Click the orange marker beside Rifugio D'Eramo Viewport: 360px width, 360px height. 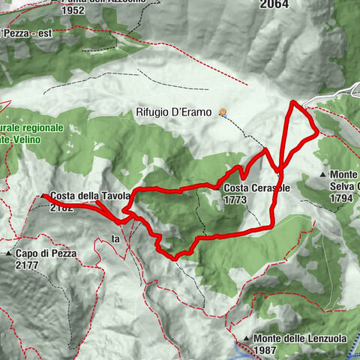click(x=223, y=112)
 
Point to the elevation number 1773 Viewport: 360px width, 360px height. click(x=235, y=200)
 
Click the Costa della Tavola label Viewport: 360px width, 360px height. click(x=91, y=196)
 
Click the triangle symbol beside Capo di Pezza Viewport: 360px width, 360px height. click(x=7, y=254)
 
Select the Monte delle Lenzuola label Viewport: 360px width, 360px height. click(x=298, y=338)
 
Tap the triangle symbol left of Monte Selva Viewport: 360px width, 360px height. click(x=322, y=175)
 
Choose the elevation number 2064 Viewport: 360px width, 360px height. click(x=275, y=4)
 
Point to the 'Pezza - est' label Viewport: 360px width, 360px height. click(x=27, y=33)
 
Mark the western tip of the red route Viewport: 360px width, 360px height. click(x=43, y=196)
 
